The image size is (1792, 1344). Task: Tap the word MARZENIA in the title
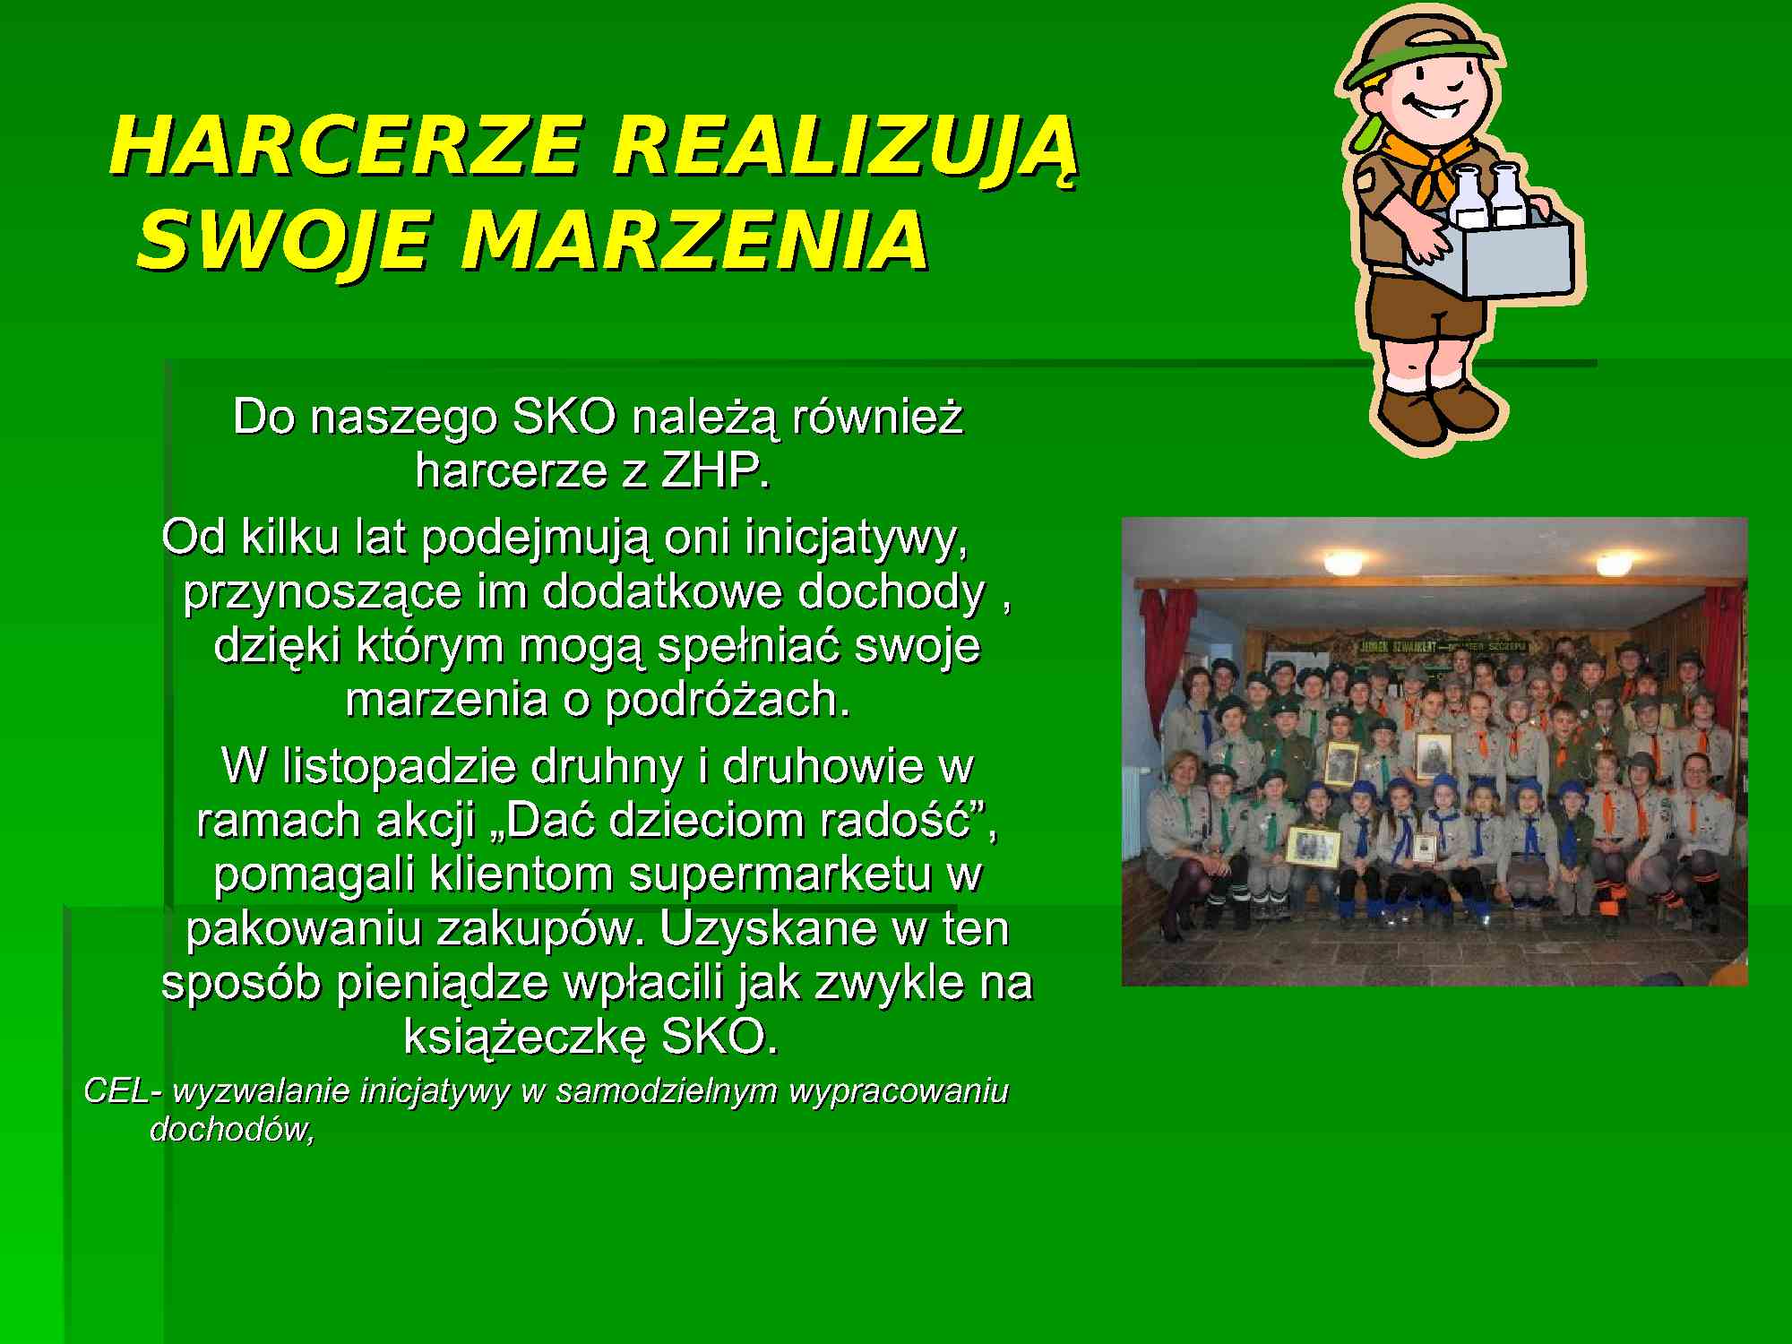click(695, 241)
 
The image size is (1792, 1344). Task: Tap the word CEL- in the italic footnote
click(123, 1090)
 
